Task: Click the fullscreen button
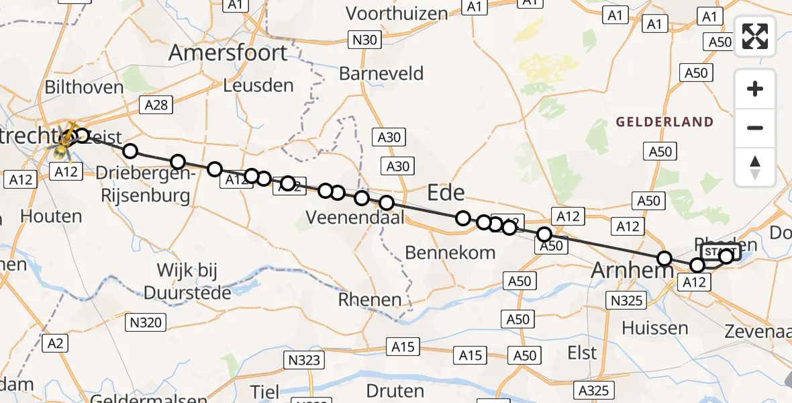point(755,36)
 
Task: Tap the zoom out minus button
point(755,128)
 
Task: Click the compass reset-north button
point(755,167)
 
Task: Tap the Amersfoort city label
point(228,52)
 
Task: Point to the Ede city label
point(446,193)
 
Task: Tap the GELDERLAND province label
point(664,122)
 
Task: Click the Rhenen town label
point(370,300)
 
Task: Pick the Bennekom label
point(450,253)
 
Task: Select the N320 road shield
point(146,322)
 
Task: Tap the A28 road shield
point(156,104)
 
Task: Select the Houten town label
point(52,216)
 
